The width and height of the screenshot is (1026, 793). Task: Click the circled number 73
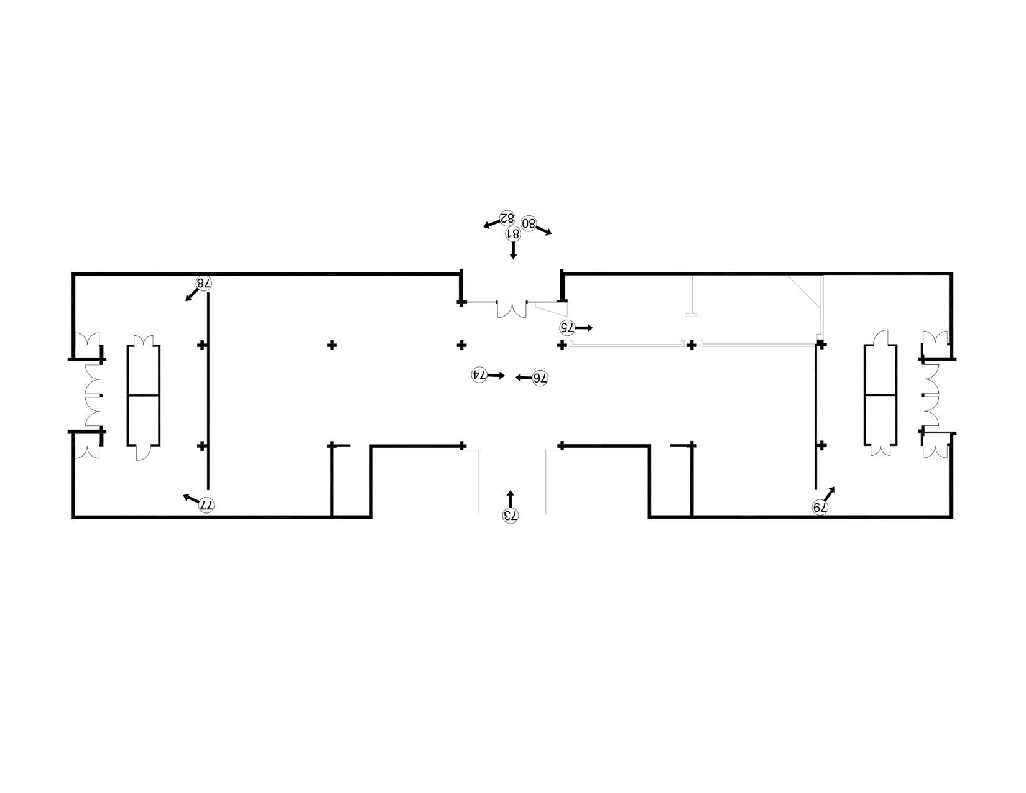(510, 516)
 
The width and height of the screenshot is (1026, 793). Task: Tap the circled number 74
(479, 375)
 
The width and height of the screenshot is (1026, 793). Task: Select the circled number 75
(566, 327)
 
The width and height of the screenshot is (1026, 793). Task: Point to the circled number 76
(540, 378)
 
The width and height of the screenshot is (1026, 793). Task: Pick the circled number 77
(207, 505)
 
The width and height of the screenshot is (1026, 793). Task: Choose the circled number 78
(203, 284)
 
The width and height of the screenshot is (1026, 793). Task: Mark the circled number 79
(820, 508)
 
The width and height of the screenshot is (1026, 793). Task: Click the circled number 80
(529, 223)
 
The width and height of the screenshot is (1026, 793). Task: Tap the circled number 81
(513, 233)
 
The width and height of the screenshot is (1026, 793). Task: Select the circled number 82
(507, 218)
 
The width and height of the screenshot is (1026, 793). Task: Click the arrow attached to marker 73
(510, 499)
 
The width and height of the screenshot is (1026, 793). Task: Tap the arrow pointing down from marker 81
(513, 250)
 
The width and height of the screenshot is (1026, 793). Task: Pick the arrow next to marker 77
(192, 498)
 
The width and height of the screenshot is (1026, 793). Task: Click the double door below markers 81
(512, 309)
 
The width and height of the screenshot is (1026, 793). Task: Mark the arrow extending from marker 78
(192, 295)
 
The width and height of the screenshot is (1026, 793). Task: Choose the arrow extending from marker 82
(491, 224)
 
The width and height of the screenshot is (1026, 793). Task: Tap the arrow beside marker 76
(524, 378)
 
